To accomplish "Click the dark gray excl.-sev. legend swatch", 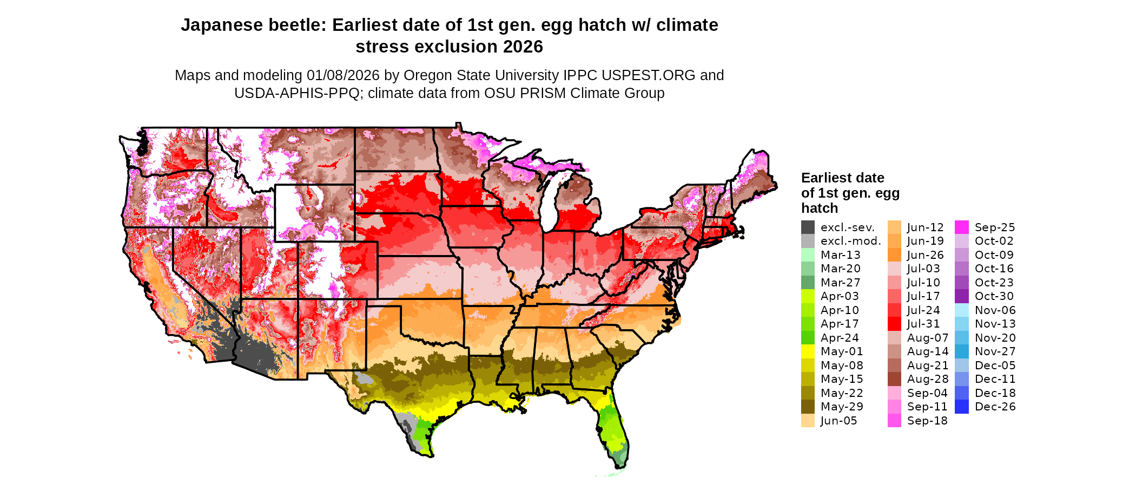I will tap(808, 227).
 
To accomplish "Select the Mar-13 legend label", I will tap(840, 255).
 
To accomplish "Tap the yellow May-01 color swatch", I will tap(808, 351).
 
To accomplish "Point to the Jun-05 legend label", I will tap(838, 421).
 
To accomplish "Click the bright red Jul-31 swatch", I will tap(894, 324).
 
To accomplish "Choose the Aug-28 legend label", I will tap(927, 379).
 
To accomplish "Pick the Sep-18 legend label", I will tap(927, 421).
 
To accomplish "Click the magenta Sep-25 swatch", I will tap(962, 227).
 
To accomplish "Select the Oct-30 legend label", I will tap(994, 296).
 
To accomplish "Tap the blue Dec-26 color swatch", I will tap(962, 407).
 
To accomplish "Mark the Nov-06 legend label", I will tap(995, 310).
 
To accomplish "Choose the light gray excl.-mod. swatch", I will tap(808, 241).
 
